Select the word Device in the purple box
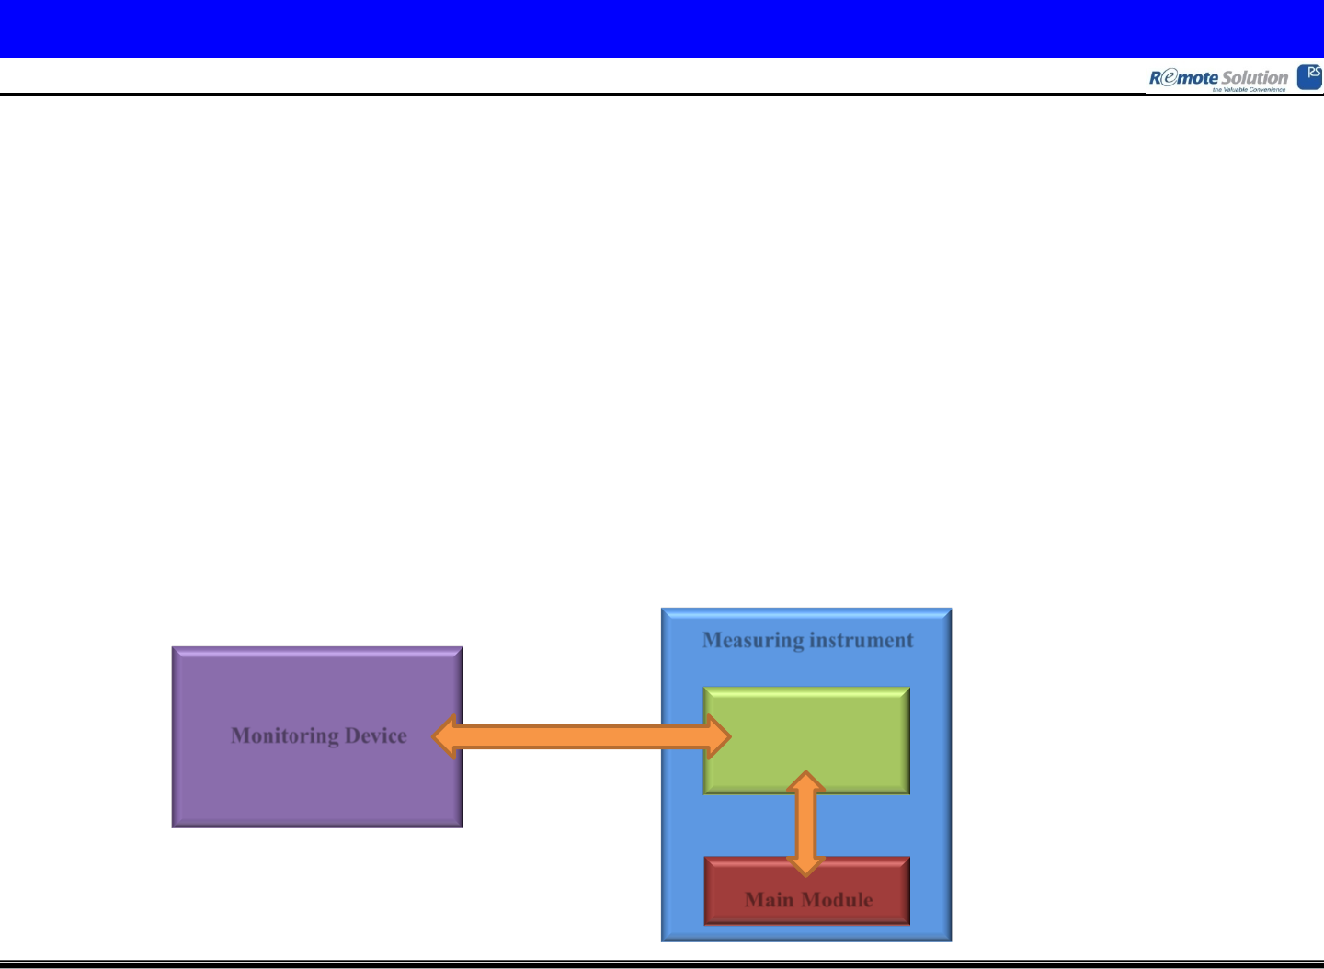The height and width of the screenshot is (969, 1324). (375, 736)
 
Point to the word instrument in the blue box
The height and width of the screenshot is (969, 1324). (859, 640)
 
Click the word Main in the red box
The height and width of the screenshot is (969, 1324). (770, 900)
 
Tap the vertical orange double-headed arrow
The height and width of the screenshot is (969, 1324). (805, 823)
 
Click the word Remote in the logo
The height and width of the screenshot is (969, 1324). (1183, 78)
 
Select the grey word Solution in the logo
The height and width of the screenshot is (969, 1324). (1254, 78)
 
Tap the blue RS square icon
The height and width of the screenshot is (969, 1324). (1309, 77)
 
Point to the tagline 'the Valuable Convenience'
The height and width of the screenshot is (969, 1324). (1249, 90)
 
